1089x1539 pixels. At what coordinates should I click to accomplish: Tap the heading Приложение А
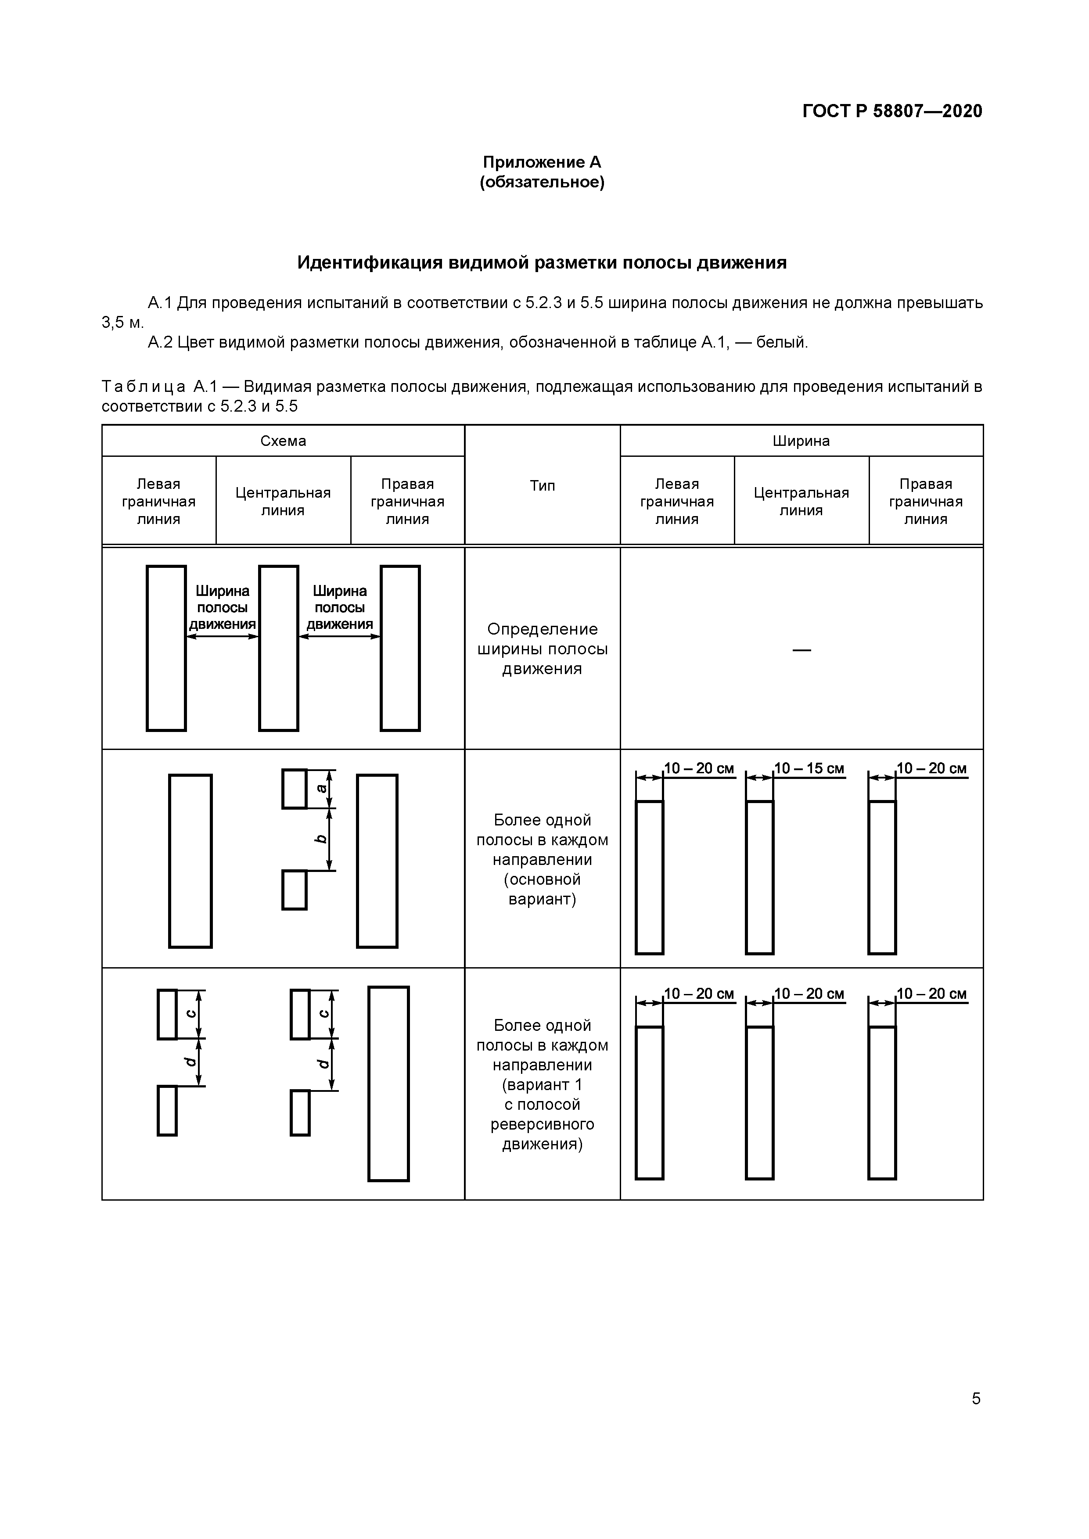click(x=542, y=162)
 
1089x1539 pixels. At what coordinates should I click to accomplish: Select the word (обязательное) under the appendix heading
click(x=542, y=182)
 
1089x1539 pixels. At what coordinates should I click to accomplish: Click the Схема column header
click(x=283, y=441)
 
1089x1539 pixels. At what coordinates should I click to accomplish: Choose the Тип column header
click(x=542, y=485)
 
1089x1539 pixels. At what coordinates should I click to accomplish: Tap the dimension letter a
click(x=322, y=788)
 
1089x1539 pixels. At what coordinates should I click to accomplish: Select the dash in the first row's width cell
click(x=801, y=649)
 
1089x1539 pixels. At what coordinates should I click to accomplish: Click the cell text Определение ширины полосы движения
click(x=542, y=649)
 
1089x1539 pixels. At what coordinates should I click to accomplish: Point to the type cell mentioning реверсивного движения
click(x=542, y=1084)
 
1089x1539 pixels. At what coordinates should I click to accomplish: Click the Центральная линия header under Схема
click(x=283, y=502)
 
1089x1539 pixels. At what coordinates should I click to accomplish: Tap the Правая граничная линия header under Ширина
click(x=925, y=502)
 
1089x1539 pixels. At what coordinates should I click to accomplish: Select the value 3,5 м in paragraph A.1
click(x=122, y=323)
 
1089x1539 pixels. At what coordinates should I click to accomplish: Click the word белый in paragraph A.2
click(x=780, y=343)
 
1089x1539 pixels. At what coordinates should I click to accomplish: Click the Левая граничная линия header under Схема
click(x=158, y=502)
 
